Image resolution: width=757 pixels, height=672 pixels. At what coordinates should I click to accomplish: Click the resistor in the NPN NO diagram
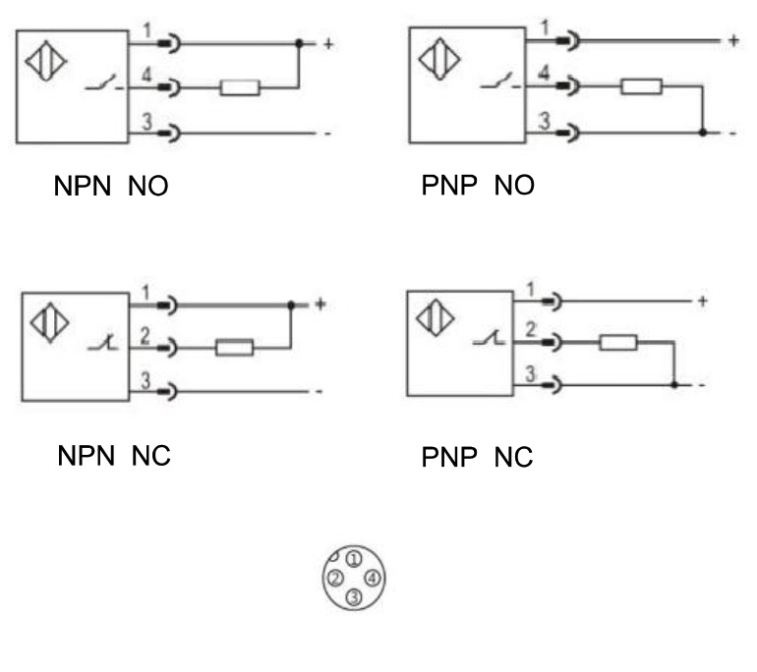click(x=239, y=88)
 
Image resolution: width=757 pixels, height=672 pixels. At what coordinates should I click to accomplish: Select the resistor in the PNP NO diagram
click(x=640, y=85)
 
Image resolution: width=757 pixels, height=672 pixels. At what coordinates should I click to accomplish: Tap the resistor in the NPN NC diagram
click(x=234, y=347)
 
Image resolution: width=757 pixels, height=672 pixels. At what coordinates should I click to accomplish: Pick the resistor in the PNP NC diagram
click(x=617, y=342)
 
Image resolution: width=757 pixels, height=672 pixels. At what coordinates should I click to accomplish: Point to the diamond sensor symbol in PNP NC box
click(x=434, y=319)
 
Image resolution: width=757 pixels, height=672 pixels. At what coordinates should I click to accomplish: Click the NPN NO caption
click(x=110, y=187)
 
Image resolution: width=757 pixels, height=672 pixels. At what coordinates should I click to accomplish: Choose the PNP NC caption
click(x=477, y=457)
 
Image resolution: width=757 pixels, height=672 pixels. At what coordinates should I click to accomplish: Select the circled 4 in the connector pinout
click(x=372, y=579)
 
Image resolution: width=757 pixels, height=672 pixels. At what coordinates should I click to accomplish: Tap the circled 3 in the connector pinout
click(x=355, y=597)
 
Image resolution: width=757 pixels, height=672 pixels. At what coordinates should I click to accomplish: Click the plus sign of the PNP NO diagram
click(x=731, y=41)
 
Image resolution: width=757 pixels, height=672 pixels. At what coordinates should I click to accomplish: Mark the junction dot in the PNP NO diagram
click(x=701, y=131)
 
